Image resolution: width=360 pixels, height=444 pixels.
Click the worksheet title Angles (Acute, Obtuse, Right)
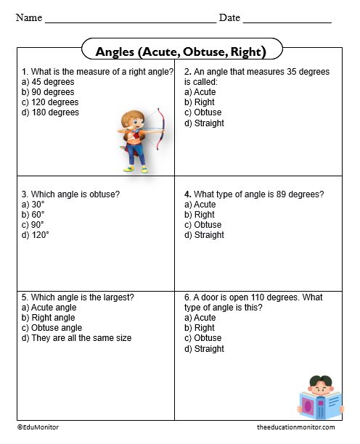click(x=180, y=52)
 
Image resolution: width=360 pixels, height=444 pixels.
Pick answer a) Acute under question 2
click(x=200, y=92)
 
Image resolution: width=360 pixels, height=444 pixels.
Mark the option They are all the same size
click(x=76, y=338)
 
